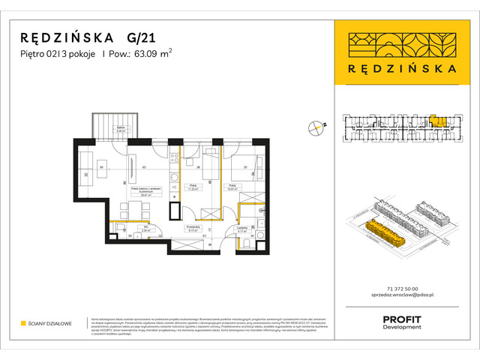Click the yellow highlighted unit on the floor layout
[436, 120]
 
